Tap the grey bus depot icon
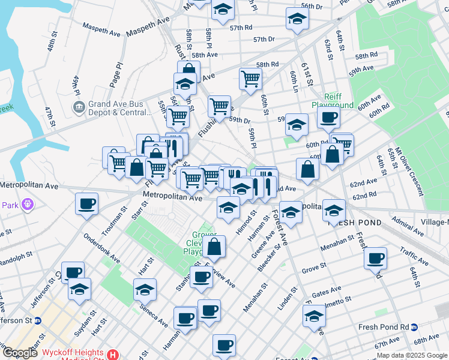[x=79, y=107]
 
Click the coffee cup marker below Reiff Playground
[x=328, y=117]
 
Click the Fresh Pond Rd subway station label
[x=384, y=327]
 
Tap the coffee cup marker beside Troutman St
[x=86, y=203]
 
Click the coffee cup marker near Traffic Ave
[x=376, y=257]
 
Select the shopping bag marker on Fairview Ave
[x=214, y=245]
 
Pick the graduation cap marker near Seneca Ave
[x=145, y=289]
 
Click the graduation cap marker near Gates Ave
[x=314, y=316]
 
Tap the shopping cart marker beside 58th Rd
[x=250, y=77]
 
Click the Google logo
[x=20, y=353]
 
